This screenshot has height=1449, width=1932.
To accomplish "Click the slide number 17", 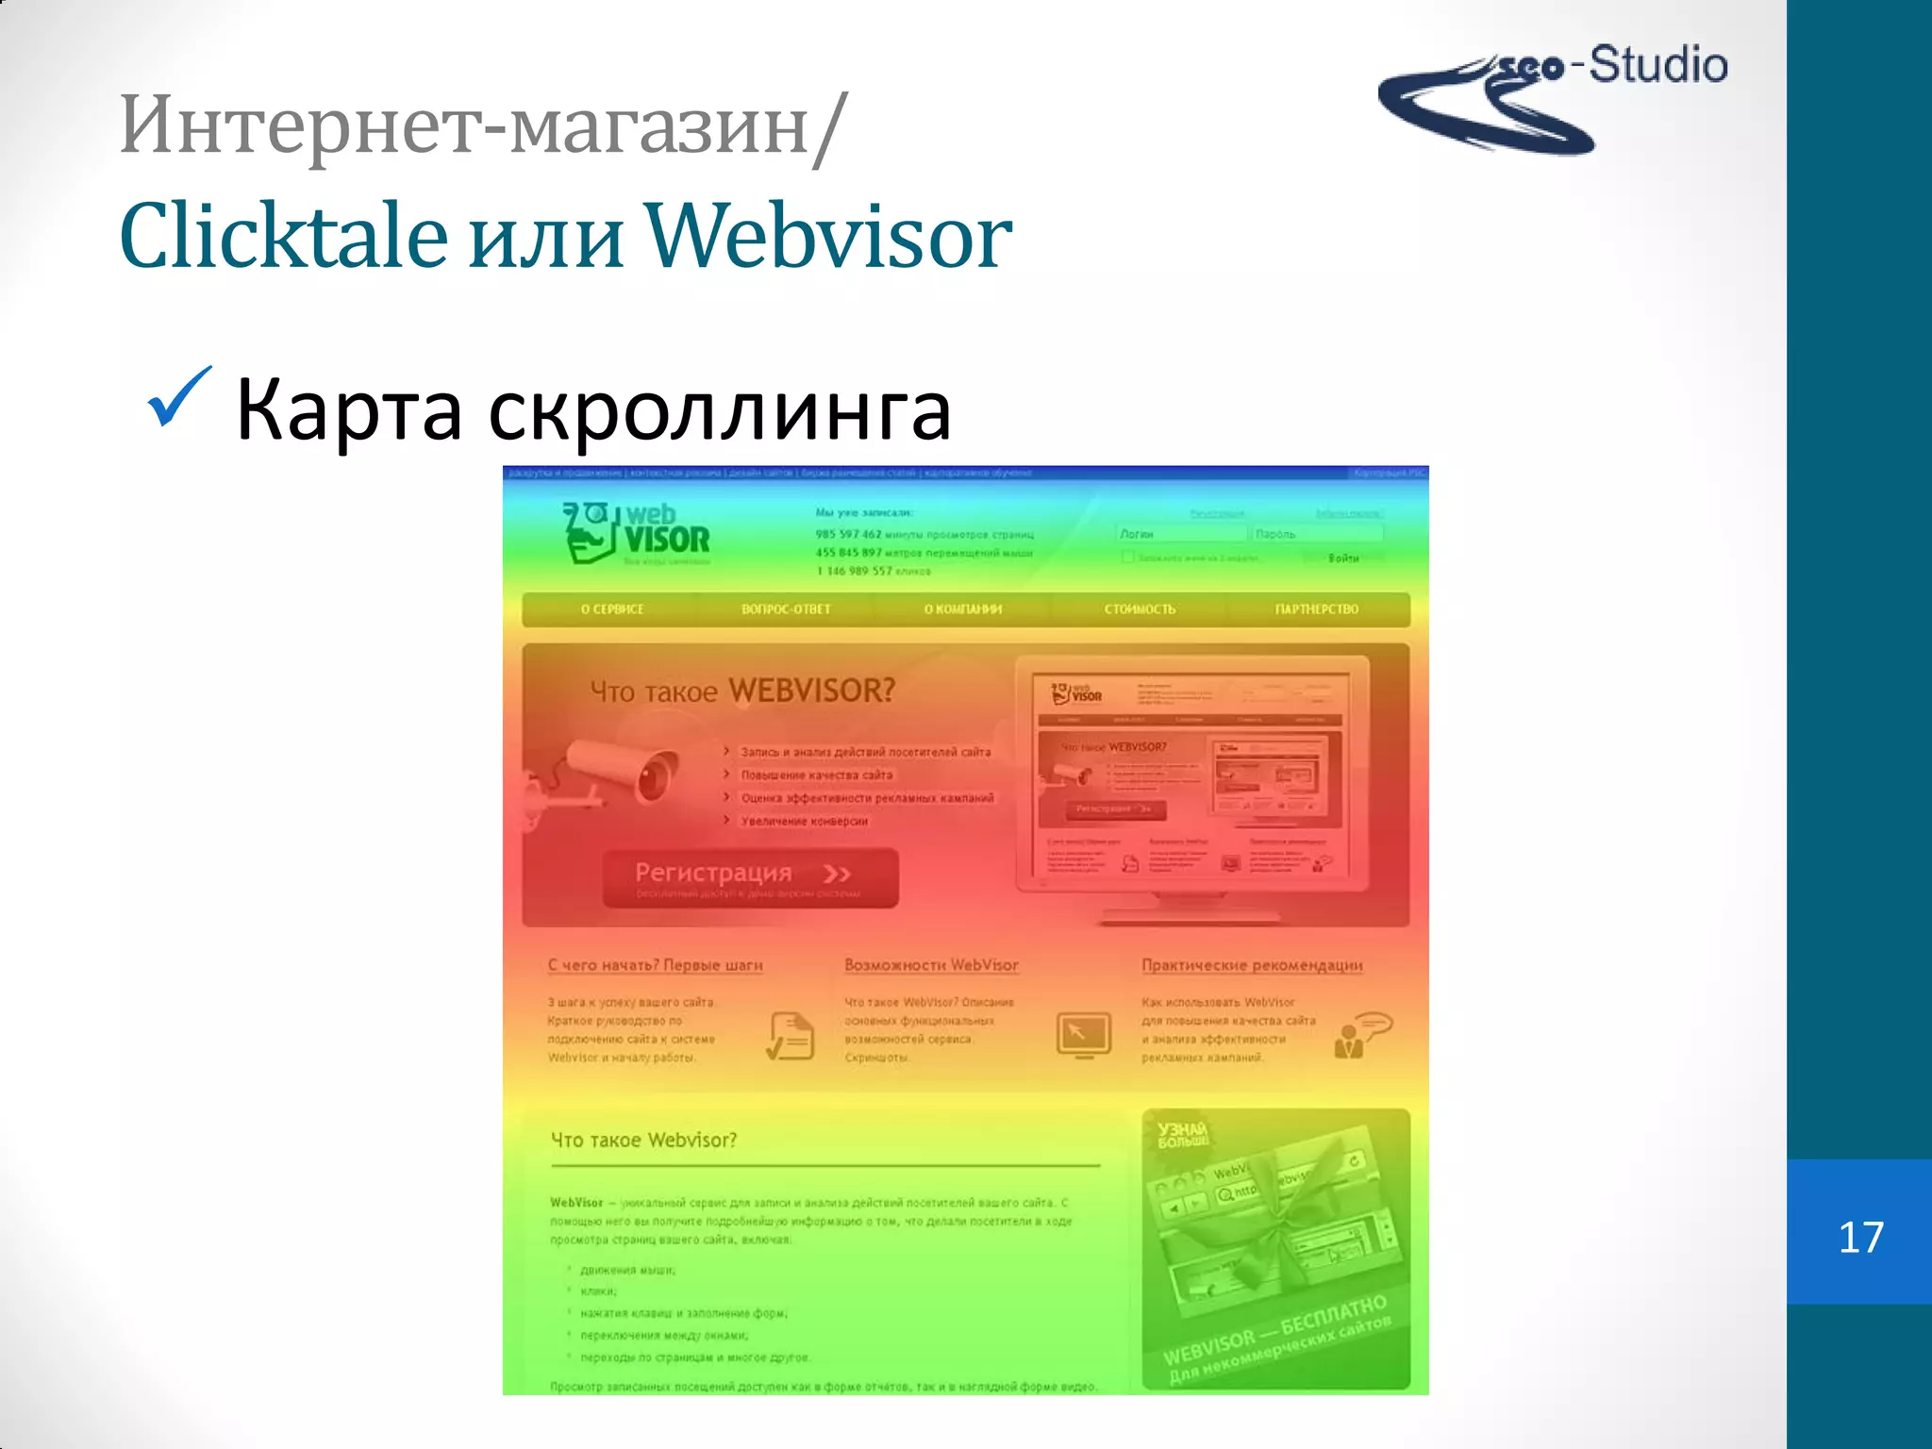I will pyautogui.click(x=1860, y=1237).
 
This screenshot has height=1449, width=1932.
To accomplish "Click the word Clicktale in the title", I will pyautogui.click(x=283, y=236).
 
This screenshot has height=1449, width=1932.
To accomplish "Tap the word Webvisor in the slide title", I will pyautogui.click(x=828, y=236).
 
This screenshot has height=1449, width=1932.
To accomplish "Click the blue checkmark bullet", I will pyautogui.click(x=178, y=397).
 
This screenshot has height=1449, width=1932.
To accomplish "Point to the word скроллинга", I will pyautogui.click(x=719, y=410).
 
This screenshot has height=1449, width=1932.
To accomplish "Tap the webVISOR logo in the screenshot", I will pyautogui.click(x=638, y=534).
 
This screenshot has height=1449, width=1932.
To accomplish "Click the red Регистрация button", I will pyautogui.click(x=750, y=877).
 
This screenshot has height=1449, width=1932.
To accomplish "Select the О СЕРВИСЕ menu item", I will pyautogui.click(x=612, y=609).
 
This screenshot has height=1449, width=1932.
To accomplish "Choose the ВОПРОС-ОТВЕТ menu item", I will pyautogui.click(x=786, y=609).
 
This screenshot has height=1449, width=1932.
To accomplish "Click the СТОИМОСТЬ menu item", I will pyautogui.click(x=1140, y=609).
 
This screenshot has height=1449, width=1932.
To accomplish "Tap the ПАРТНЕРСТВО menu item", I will pyautogui.click(x=1316, y=609).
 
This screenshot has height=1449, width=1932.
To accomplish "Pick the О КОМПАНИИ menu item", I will pyautogui.click(x=962, y=609).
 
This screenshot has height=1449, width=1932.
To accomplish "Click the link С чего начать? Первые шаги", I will pyautogui.click(x=655, y=965).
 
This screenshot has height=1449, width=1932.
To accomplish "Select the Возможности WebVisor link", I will pyautogui.click(x=931, y=965).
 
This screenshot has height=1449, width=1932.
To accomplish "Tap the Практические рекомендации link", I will pyautogui.click(x=1252, y=965).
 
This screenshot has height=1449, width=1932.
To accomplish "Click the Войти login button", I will pyautogui.click(x=1343, y=558).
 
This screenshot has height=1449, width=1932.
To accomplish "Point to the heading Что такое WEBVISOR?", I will pyautogui.click(x=742, y=691).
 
